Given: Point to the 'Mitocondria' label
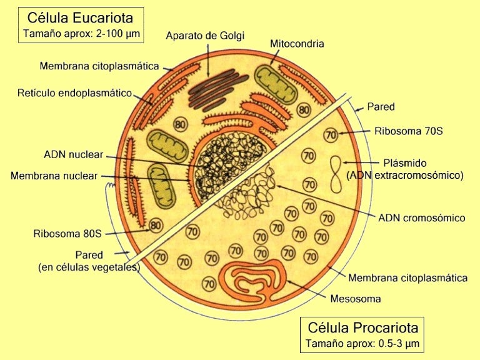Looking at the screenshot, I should point(297,44).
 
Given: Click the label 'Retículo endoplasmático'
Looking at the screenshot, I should point(74,93).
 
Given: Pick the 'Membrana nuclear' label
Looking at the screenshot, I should point(54,176).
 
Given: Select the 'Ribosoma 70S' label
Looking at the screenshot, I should point(408,131).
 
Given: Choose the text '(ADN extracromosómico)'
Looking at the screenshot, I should point(405,176).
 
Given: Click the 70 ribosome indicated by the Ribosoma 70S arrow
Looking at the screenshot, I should point(331,134).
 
